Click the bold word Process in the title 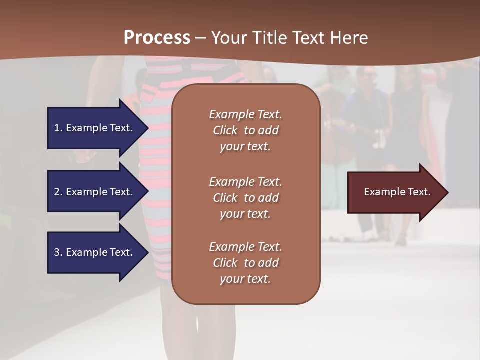click(x=157, y=38)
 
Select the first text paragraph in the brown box click(x=245, y=130)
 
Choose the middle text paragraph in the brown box click(x=245, y=198)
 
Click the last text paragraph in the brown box click(x=245, y=263)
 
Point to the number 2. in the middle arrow click(x=58, y=192)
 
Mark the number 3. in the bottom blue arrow click(x=58, y=253)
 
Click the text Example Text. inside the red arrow click(x=397, y=192)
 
